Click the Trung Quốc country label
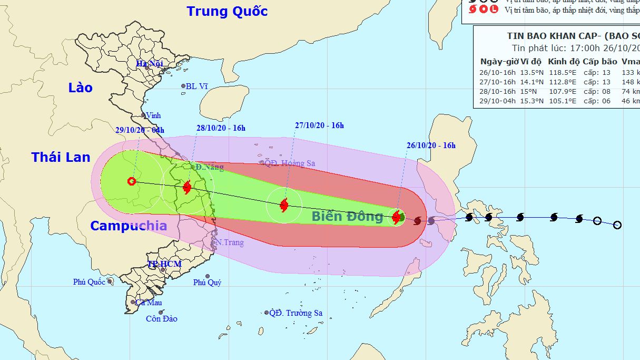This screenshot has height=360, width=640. click(x=227, y=11)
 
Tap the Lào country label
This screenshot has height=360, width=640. click(x=81, y=87)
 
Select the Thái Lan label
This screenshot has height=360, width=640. click(x=61, y=157)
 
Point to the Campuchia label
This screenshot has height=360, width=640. click(x=129, y=226)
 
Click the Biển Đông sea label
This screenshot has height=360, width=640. click(x=347, y=216)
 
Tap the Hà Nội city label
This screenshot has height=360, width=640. click(x=149, y=64)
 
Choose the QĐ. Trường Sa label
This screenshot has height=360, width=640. click(x=296, y=313)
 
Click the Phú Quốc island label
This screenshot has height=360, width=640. click(x=89, y=282)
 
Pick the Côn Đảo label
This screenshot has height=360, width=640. click(x=162, y=318)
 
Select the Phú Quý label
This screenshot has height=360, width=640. click(x=207, y=283)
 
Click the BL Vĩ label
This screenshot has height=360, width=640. click(x=196, y=86)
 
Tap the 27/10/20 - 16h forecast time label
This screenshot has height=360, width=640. click(x=319, y=125)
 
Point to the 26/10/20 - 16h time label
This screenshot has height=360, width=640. click(x=431, y=145)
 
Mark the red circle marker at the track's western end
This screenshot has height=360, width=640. click(x=132, y=181)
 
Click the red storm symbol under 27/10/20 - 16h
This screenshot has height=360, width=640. click(x=284, y=205)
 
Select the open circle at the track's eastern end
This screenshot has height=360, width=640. click(x=617, y=225)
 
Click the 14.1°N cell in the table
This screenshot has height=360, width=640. click(x=531, y=82)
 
